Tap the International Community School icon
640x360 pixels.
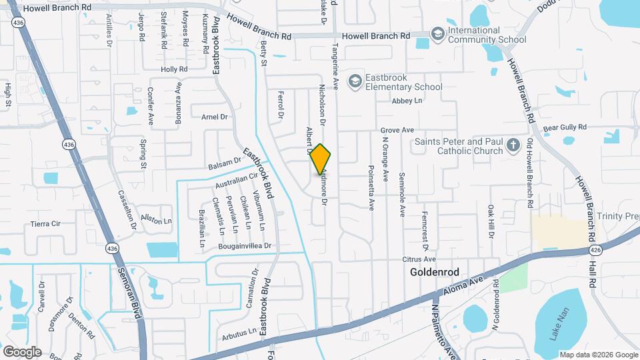437,33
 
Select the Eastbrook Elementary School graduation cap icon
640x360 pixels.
356,81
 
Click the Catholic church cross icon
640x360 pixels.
513,145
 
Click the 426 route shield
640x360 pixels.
596,250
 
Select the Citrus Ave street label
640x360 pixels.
419,259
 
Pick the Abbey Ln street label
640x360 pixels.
407,101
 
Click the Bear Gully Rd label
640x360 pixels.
564,127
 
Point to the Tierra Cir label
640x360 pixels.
46,224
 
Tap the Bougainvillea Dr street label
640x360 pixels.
245,246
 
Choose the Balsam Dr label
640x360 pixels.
224,162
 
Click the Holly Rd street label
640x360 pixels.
174,69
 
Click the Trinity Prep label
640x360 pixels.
617,216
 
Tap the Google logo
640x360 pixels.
22,351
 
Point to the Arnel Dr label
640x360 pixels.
214,117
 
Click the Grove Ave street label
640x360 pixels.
397,130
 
